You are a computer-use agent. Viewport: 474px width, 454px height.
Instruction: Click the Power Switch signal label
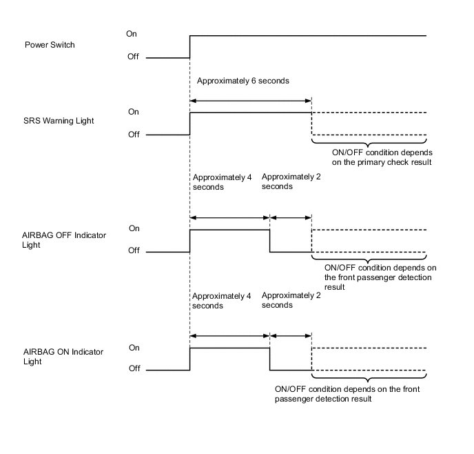[x=50, y=45]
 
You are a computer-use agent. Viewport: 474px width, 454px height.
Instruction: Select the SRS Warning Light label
[x=59, y=121]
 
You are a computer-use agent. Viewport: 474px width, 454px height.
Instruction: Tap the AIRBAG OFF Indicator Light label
[x=64, y=239]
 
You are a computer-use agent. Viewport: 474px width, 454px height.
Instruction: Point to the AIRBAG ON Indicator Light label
[x=63, y=356]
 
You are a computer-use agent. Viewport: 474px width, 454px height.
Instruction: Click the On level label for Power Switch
[x=132, y=33]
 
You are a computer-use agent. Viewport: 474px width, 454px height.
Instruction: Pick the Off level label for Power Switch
[x=133, y=57]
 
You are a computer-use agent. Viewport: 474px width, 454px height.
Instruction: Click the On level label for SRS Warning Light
[x=133, y=111]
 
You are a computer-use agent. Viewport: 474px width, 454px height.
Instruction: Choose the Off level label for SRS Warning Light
[x=133, y=135]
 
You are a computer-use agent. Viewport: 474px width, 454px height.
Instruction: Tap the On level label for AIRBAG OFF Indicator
[x=133, y=228]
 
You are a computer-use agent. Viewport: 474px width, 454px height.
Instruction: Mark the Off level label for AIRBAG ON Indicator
[x=133, y=368]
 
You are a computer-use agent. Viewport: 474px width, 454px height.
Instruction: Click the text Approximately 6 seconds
[x=243, y=81]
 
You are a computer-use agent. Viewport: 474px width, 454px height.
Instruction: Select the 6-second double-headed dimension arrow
[x=251, y=101]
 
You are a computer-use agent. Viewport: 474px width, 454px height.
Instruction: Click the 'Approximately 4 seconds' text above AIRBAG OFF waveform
[x=221, y=181]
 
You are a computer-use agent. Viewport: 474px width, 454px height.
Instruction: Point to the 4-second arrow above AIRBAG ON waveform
[x=229, y=336]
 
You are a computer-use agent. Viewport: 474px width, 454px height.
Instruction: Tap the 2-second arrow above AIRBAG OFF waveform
[x=291, y=217]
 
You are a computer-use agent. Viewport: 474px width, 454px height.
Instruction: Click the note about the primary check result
[x=372, y=158]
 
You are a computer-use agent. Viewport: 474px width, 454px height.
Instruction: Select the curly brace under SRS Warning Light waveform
[x=369, y=142]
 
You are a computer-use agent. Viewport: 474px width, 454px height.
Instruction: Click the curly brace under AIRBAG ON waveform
[x=369, y=377]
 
